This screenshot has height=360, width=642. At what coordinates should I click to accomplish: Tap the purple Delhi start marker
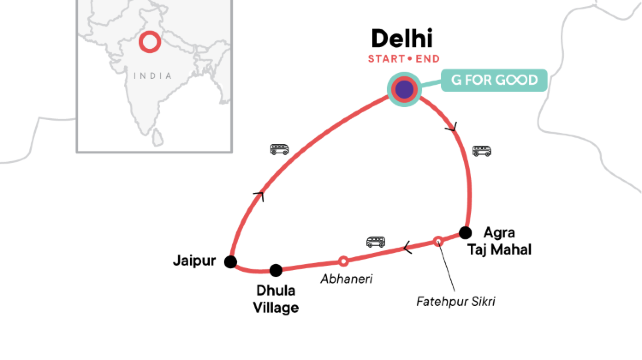404,89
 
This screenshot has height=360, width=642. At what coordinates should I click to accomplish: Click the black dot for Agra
465,232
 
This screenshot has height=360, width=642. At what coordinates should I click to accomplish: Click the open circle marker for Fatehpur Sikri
438,240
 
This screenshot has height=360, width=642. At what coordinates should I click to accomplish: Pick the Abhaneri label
347,279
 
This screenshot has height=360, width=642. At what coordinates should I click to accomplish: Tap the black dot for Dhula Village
276,269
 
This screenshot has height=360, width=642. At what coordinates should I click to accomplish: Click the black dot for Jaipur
230,262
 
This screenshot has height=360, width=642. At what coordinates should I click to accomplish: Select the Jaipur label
192,262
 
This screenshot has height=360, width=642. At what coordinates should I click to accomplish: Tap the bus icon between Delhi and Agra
482,152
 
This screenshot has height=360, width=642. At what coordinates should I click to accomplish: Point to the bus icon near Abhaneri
376,242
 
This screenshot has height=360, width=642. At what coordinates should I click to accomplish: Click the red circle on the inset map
149,42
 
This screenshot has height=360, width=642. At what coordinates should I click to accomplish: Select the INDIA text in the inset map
149,75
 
